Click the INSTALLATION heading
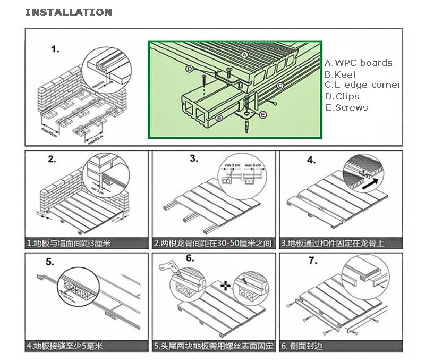69,12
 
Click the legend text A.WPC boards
359,63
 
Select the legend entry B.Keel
340,74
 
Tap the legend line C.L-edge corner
363,85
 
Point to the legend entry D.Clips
342,96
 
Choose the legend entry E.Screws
346,107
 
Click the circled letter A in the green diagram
244,55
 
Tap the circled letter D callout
190,69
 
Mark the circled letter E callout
263,114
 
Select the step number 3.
194,158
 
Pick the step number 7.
313,261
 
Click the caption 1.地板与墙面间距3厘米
69,244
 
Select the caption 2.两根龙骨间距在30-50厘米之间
212,244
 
